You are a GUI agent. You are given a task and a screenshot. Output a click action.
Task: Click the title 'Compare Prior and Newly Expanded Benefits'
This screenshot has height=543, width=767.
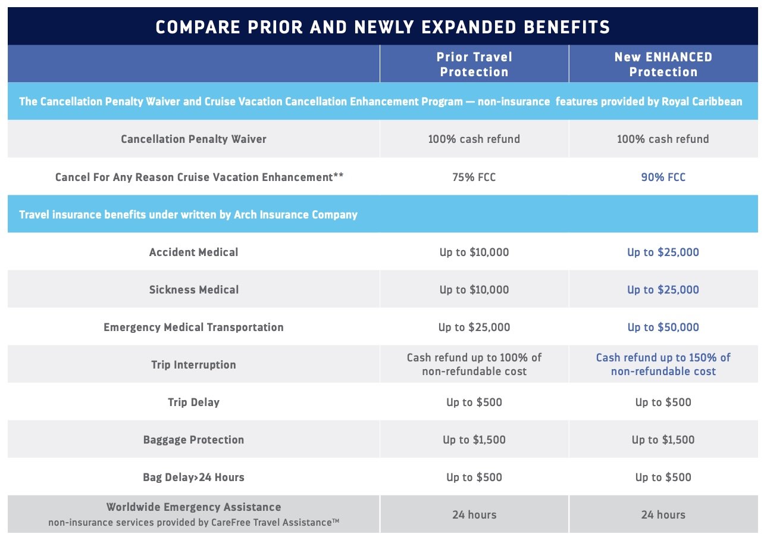point(383,27)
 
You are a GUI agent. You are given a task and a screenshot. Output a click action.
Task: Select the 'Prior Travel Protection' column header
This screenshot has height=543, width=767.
point(474,64)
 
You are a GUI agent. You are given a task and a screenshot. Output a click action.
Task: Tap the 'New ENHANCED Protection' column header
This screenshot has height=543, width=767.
point(663,64)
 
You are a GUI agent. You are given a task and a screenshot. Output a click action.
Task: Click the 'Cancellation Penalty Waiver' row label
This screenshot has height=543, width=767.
point(193,139)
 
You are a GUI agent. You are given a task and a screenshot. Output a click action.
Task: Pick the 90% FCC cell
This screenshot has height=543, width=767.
point(663,177)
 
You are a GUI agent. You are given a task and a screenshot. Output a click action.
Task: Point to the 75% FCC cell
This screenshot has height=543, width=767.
point(474,177)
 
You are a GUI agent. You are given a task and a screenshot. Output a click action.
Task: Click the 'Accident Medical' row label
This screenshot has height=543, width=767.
point(193,252)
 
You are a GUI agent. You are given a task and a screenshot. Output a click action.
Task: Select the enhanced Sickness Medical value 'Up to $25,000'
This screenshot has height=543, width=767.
point(663,289)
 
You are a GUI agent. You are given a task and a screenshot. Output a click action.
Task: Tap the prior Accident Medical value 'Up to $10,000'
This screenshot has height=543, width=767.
point(474,252)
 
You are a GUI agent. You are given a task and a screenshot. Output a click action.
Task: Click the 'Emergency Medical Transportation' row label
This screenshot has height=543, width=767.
point(193,327)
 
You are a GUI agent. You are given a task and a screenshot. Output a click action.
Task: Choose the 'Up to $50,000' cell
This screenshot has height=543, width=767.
point(663,327)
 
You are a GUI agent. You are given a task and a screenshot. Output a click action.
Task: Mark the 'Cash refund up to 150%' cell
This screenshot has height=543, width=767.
point(663,364)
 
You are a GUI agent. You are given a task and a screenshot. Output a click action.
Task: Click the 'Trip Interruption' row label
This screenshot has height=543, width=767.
point(193,364)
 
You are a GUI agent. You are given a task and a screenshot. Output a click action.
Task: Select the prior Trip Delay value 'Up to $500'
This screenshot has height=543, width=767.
point(474,402)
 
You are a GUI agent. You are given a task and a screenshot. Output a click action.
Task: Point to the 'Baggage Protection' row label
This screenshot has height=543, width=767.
point(193,439)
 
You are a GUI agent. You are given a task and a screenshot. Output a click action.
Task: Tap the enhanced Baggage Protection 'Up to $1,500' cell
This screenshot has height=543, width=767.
point(663,439)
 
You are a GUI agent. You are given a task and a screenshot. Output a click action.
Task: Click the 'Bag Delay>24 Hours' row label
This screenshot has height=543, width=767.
point(193,477)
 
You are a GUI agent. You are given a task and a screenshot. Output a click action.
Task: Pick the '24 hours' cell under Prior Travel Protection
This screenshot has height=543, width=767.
point(474,514)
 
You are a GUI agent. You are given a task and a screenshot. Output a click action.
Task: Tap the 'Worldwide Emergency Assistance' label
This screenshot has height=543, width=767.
point(193,507)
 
